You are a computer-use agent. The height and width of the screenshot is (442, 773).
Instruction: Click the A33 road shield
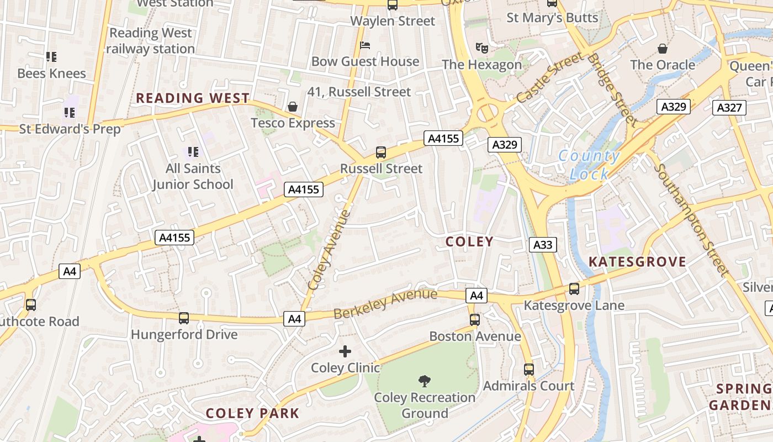click(x=543, y=244)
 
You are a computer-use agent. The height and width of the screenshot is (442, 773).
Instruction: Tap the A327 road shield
click(x=729, y=107)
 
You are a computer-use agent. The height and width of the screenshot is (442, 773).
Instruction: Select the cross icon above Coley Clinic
click(x=345, y=351)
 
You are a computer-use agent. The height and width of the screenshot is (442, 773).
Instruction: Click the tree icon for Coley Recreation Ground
click(x=425, y=381)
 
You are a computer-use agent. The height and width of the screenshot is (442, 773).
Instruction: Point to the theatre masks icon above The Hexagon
click(x=482, y=48)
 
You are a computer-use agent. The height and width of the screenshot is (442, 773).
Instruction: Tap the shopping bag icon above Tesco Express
click(x=293, y=106)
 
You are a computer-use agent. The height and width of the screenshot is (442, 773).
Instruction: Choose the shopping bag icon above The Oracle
click(x=663, y=49)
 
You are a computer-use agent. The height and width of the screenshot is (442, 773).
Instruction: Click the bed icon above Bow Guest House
click(x=364, y=45)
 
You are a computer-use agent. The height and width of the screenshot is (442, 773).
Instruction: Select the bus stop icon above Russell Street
click(x=381, y=152)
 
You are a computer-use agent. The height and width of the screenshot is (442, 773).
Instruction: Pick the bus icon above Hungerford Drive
click(x=184, y=318)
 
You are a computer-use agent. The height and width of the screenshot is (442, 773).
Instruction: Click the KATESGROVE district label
click(x=637, y=262)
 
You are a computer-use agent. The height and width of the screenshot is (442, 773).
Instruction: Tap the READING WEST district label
click(x=193, y=98)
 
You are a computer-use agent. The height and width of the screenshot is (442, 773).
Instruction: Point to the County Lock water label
click(x=589, y=165)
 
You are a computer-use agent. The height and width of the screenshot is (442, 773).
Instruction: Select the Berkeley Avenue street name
click(x=385, y=303)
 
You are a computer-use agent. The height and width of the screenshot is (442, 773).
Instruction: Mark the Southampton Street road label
click(x=691, y=219)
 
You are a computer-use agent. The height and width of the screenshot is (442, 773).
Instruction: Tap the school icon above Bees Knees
click(x=51, y=56)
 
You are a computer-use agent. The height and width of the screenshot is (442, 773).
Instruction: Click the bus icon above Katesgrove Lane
click(x=574, y=288)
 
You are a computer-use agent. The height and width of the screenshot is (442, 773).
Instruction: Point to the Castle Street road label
click(x=549, y=77)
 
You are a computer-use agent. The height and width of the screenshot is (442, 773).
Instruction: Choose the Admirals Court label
click(x=529, y=386)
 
